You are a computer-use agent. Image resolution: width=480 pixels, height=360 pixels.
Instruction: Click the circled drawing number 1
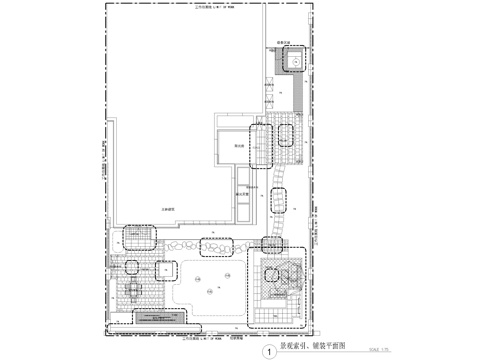(268, 351)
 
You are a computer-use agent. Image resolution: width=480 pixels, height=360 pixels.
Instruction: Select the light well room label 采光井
(240, 146)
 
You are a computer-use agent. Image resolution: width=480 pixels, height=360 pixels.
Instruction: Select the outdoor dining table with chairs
(133, 291)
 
